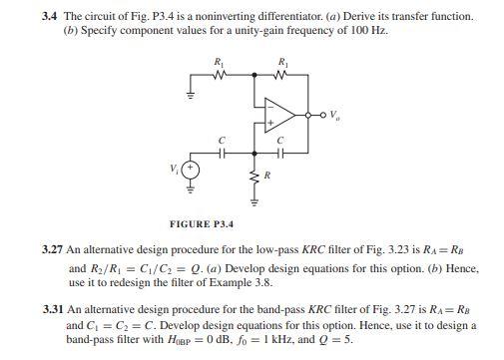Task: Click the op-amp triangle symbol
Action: pyautogui.click(x=282, y=113)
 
